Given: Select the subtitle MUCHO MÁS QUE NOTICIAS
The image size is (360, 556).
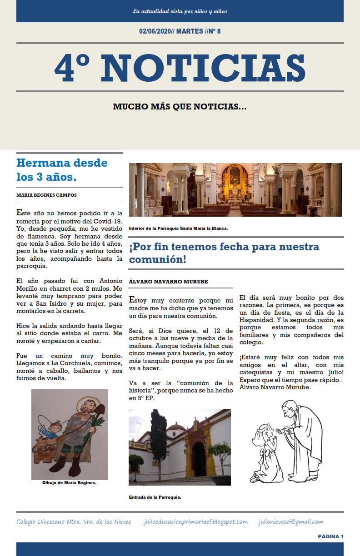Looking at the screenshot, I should (180, 107).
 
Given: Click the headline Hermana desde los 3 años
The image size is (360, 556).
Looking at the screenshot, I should (62, 169).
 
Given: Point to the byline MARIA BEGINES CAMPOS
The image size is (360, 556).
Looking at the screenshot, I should (46, 195).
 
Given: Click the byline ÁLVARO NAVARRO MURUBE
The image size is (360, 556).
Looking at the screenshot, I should (169, 282).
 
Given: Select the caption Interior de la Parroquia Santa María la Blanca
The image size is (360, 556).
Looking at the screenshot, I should (178, 228).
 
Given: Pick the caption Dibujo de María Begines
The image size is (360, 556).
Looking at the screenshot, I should (69, 483).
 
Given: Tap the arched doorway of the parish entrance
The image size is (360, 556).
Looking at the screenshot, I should (199, 459).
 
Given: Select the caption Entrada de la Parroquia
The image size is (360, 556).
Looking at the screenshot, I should (155, 497).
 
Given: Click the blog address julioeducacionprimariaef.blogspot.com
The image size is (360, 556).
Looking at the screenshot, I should (195, 522).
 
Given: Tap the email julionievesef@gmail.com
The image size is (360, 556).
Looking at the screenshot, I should (291, 522).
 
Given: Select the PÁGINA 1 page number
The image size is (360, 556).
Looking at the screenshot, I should (330, 536).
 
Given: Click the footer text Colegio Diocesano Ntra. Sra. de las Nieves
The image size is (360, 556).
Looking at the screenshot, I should (74, 522).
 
